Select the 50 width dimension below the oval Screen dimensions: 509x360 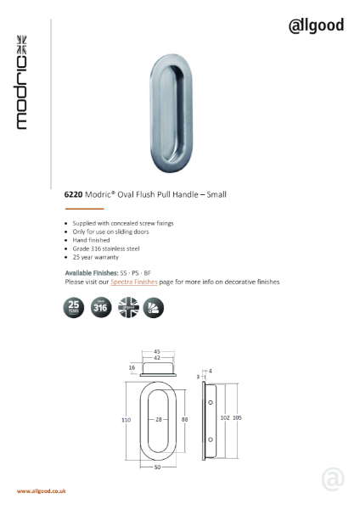[x=158, y=468]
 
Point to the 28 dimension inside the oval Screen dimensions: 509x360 [x=159, y=419]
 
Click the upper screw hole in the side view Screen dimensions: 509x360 [x=207, y=398]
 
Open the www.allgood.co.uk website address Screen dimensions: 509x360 [x=42, y=491]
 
